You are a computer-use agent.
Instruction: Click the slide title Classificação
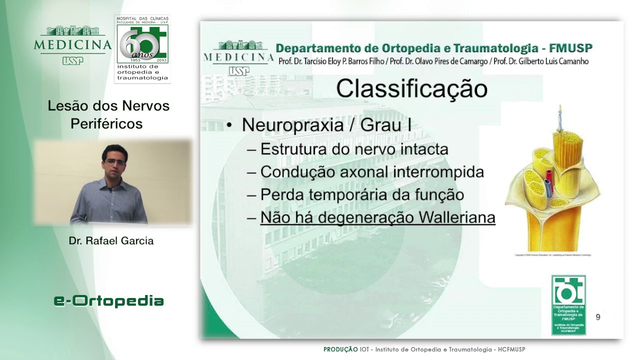click(x=411, y=89)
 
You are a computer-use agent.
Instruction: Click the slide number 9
click(x=598, y=317)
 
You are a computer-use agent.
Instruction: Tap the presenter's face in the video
click(x=115, y=161)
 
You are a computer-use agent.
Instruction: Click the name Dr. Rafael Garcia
click(x=111, y=241)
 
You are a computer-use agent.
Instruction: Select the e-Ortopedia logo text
click(x=109, y=301)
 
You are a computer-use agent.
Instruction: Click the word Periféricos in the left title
click(x=106, y=124)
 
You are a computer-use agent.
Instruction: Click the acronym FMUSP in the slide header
click(x=570, y=48)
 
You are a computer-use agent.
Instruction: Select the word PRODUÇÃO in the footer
click(x=340, y=349)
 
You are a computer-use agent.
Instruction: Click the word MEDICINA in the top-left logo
click(x=72, y=44)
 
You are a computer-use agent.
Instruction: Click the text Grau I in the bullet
click(x=386, y=124)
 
